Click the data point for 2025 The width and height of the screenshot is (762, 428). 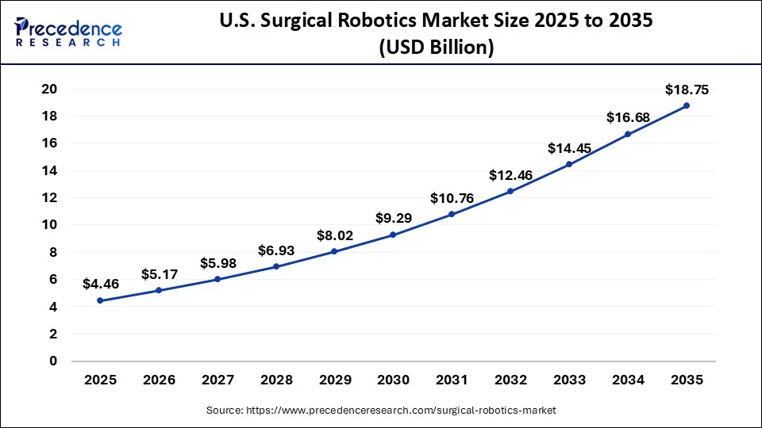[x=100, y=300]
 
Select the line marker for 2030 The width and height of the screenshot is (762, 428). [x=393, y=235]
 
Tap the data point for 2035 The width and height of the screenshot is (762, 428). [x=686, y=105]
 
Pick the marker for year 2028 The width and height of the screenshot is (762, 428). [x=275, y=266]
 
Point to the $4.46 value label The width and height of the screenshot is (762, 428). [x=100, y=284]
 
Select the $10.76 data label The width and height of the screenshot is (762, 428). [x=452, y=198]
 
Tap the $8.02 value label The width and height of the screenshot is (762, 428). [x=334, y=235]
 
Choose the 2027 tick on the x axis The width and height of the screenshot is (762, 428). [x=217, y=380]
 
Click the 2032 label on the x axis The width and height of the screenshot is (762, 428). [x=510, y=380]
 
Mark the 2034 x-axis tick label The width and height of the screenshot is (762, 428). [x=627, y=380]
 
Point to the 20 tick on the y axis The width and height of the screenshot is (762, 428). [x=48, y=89]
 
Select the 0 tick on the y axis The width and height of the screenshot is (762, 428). [x=53, y=361]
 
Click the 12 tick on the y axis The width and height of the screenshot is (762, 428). [x=48, y=198]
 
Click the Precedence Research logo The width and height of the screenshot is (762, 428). [x=68, y=31]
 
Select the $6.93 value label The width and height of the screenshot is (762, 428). [x=275, y=250]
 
